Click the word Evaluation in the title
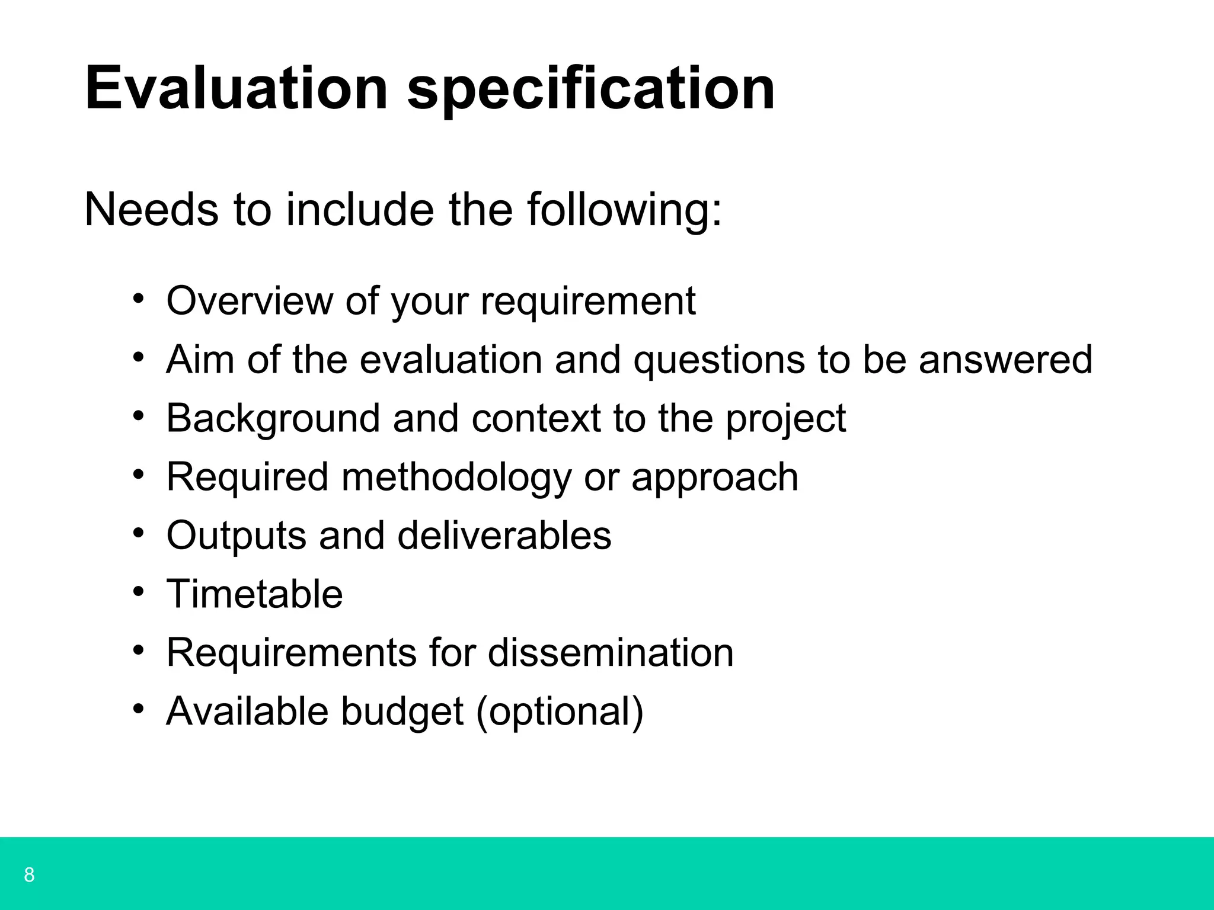click(237, 89)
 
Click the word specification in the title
click(590, 89)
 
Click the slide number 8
click(29, 874)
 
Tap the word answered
click(1005, 359)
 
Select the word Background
click(273, 418)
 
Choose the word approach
click(715, 478)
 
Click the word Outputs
click(236, 535)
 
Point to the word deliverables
click(504, 535)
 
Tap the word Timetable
click(255, 594)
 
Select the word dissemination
click(611, 652)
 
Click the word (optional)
click(559, 712)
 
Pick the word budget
click(402, 712)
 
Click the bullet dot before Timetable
click(139, 591)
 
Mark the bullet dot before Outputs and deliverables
click(139, 533)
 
